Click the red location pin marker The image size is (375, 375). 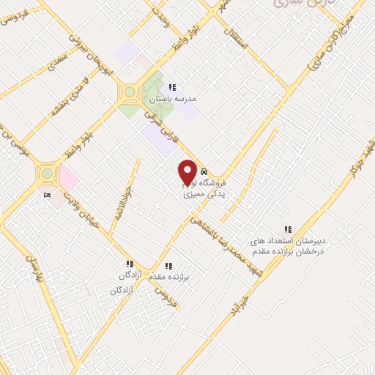[x=187, y=172]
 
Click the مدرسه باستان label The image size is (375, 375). [x=174, y=97]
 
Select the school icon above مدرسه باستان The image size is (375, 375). [x=172, y=86]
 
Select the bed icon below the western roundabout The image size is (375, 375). [x=48, y=196]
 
